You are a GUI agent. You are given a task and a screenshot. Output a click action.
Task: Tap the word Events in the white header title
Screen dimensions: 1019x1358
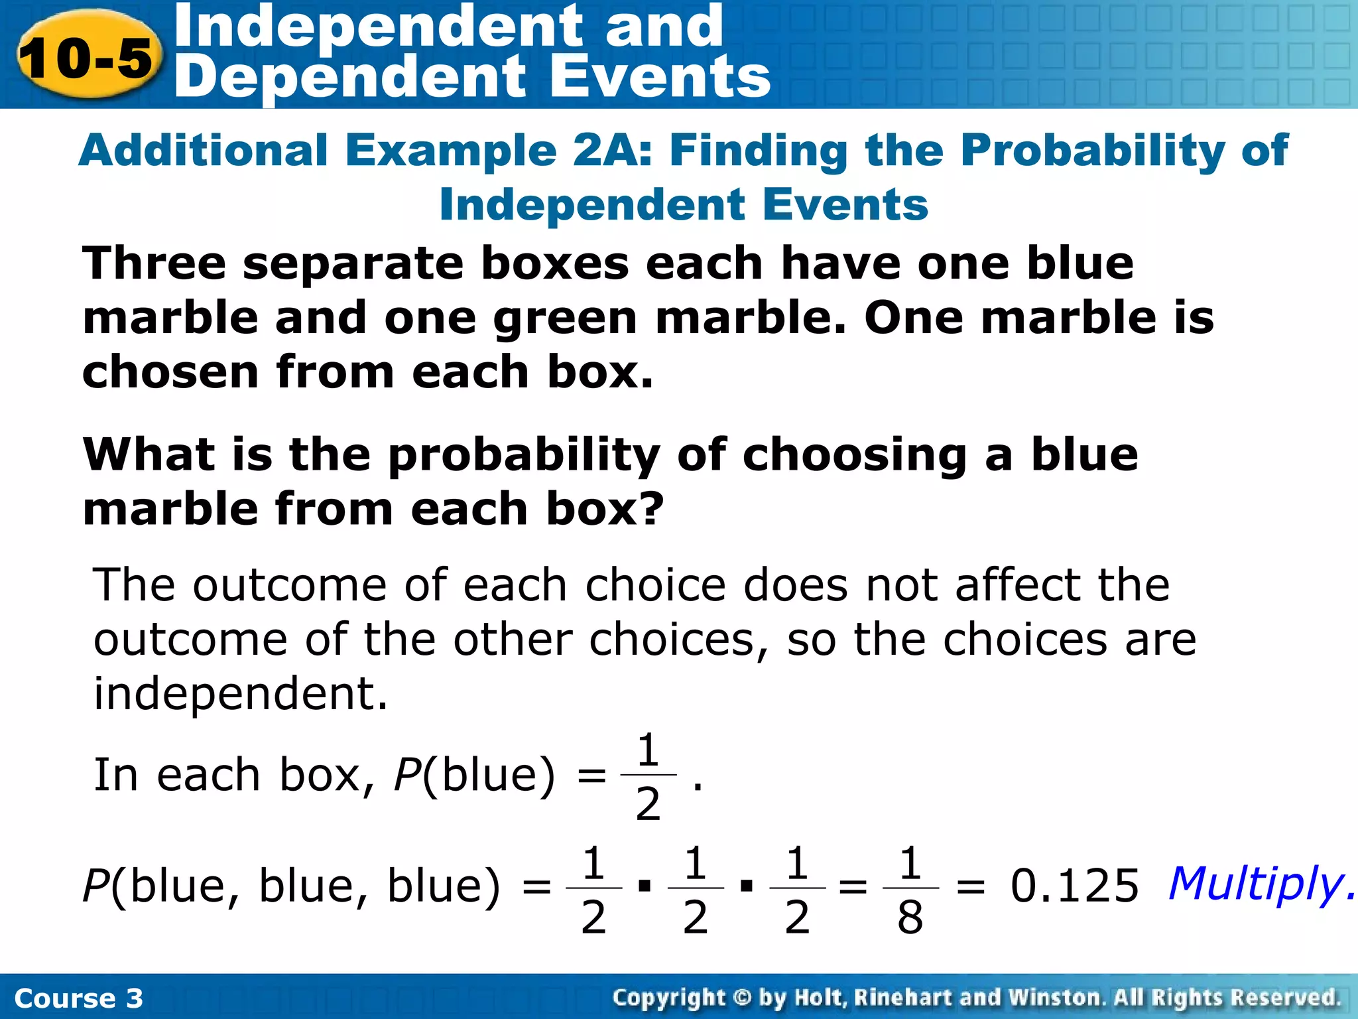pos(660,78)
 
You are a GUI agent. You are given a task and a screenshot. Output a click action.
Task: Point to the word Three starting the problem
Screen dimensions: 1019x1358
pos(154,263)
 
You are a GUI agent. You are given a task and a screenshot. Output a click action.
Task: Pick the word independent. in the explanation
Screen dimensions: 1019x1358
pos(240,694)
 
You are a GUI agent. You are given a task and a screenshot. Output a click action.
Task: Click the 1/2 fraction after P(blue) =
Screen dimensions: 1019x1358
pos(648,776)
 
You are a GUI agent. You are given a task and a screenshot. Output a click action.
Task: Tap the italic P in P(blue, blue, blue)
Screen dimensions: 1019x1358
pos(95,886)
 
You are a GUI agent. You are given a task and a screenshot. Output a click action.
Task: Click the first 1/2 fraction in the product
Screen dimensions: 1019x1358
pos(593,889)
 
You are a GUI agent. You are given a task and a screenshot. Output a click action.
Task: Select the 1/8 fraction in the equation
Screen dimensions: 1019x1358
pos(910,889)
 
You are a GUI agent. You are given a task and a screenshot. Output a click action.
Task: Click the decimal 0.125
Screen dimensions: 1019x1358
pos(1074,886)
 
